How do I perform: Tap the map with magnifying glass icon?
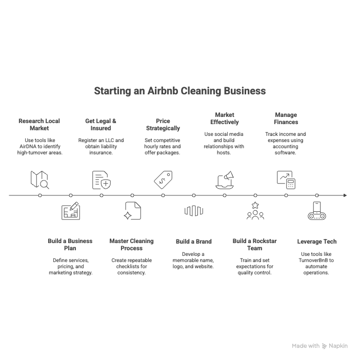point(39,180)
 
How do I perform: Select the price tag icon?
point(163,180)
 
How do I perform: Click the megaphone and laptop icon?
point(225,180)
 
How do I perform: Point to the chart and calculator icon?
point(286,180)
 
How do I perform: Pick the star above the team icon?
point(255,205)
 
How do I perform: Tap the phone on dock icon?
point(317,211)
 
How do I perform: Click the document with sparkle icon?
point(132,211)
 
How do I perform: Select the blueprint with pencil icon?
point(71,211)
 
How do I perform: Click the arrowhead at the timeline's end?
point(345,195)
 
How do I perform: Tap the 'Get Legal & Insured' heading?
point(101,125)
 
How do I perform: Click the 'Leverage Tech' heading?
point(317,242)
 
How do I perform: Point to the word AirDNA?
point(29,147)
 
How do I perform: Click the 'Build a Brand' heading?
point(194,242)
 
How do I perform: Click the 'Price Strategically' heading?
point(163,125)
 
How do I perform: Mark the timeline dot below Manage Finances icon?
point(286,195)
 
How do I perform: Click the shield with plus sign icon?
point(106,184)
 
